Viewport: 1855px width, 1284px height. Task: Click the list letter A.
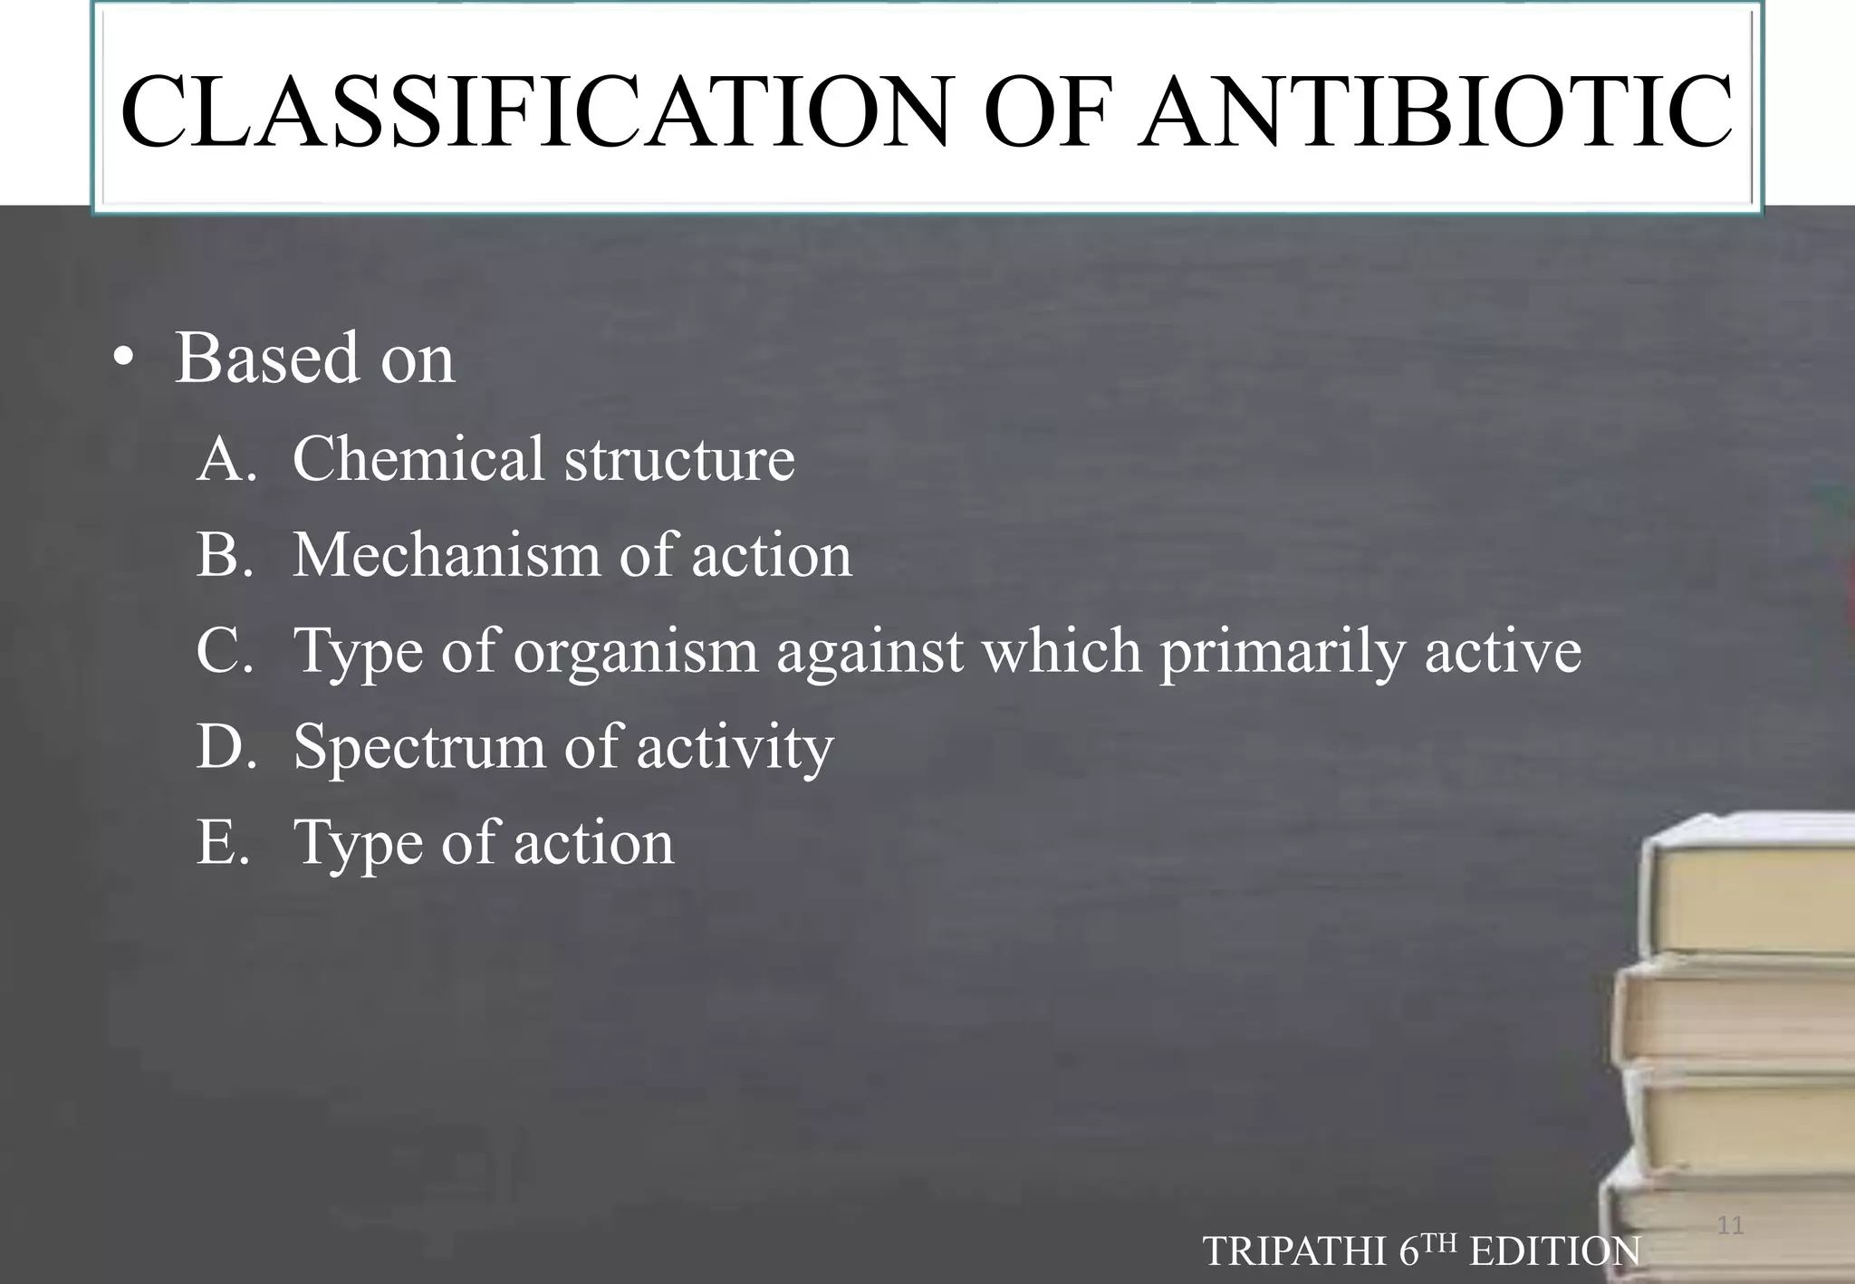(x=221, y=458)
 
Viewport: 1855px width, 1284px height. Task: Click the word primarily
(x=1282, y=652)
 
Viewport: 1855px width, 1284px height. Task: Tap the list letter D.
(x=220, y=746)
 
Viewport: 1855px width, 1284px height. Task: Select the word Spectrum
(x=418, y=748)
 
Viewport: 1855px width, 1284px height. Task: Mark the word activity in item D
(x=735, y=748)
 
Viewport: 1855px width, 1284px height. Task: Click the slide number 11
(x=1730, y=1226)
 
